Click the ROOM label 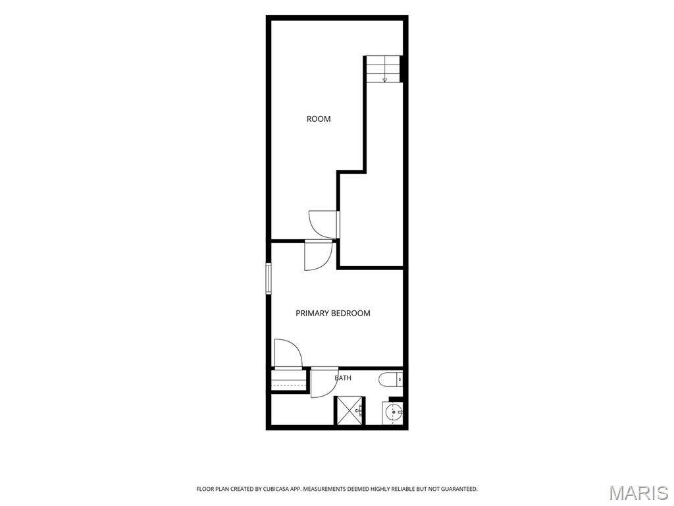point(319,119)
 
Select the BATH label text point(343,378)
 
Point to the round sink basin point(392,413)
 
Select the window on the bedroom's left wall point(269,279)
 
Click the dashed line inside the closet point(288,385)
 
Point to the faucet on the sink point(400,413)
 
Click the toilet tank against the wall point(400,379)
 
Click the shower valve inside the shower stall point(361,410)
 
